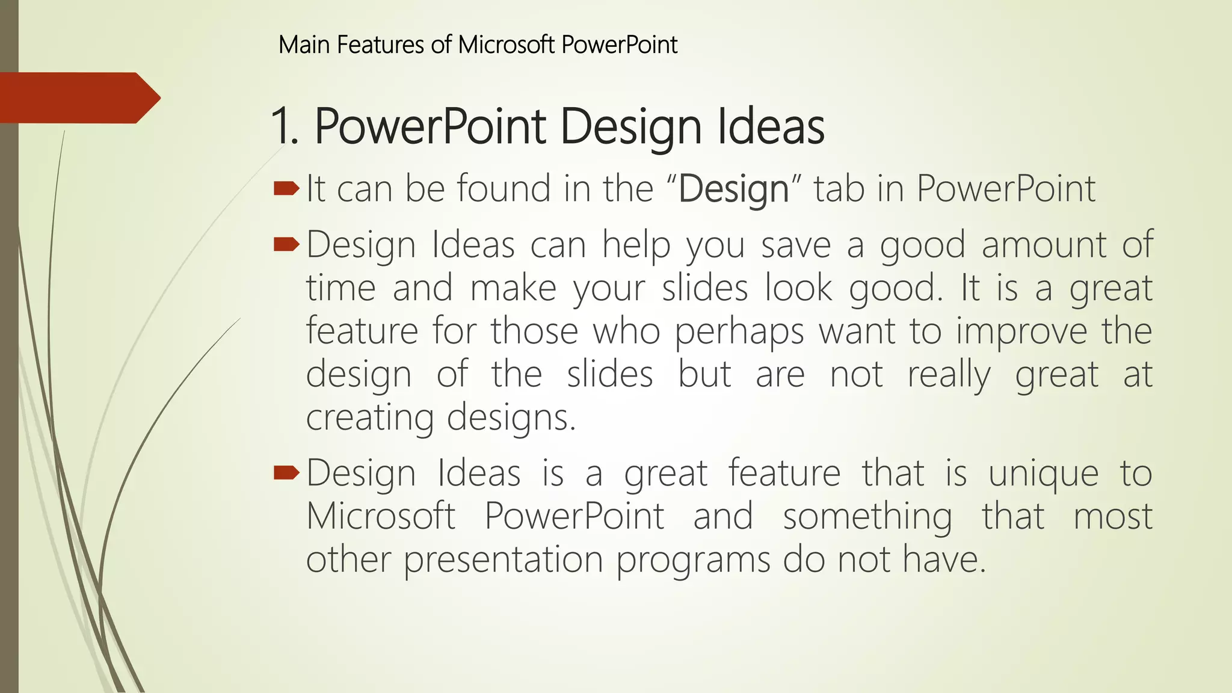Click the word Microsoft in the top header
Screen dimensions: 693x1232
pos(506,45)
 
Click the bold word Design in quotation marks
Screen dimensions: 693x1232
pos(733,189)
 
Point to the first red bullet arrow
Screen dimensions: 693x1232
pos(286,189)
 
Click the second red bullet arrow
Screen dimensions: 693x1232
pos(286,244)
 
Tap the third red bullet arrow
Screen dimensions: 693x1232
pos(286,473)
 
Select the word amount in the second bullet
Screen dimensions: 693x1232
pos(1044,245)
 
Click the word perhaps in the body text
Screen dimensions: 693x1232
pos(739,332)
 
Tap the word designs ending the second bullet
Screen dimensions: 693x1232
pos(511,418)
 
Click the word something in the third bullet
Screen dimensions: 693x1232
pos(867,517)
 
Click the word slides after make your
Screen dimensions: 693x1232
pos(704,289)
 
